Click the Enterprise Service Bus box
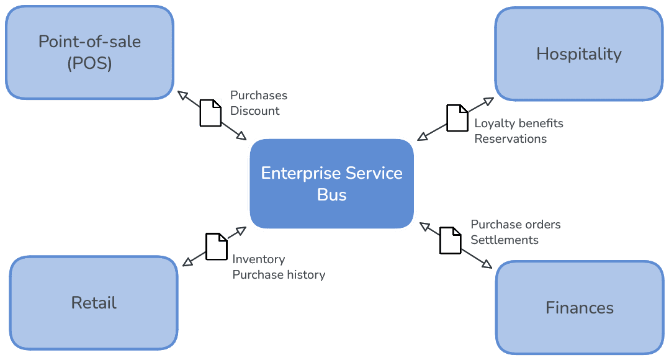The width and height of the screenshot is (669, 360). [x=332, y=184]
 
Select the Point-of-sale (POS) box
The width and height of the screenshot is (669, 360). [x=89, y=53]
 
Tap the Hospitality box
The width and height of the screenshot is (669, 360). [x=578, y=54]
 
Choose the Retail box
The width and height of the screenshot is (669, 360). [x=94, y=303]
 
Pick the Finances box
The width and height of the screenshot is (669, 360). [x=579, y=307]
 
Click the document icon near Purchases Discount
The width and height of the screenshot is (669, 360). [x=210, y=113]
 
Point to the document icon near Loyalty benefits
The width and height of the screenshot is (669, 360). [x=457, y=118]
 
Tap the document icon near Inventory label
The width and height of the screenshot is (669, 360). [x=217, y=246]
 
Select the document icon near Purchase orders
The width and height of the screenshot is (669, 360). [x=451, y=240]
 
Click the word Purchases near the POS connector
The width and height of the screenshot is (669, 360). [x=259, y=96]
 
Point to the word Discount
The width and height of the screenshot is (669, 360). [x=254, y=111]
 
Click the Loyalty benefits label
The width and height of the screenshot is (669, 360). [x=519, y=123]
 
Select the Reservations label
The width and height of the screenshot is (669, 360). [x=511, y=138]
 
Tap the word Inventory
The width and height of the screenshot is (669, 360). [x=259, y=259]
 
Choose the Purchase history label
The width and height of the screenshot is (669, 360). [x=279, y=274]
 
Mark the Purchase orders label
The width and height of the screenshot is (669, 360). [x=516, y=224]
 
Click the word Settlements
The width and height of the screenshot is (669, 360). [x=505, y=240]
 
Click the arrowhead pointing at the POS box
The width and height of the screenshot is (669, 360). [x=182, y=94]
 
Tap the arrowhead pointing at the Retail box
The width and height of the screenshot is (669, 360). [x=186, y=264]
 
